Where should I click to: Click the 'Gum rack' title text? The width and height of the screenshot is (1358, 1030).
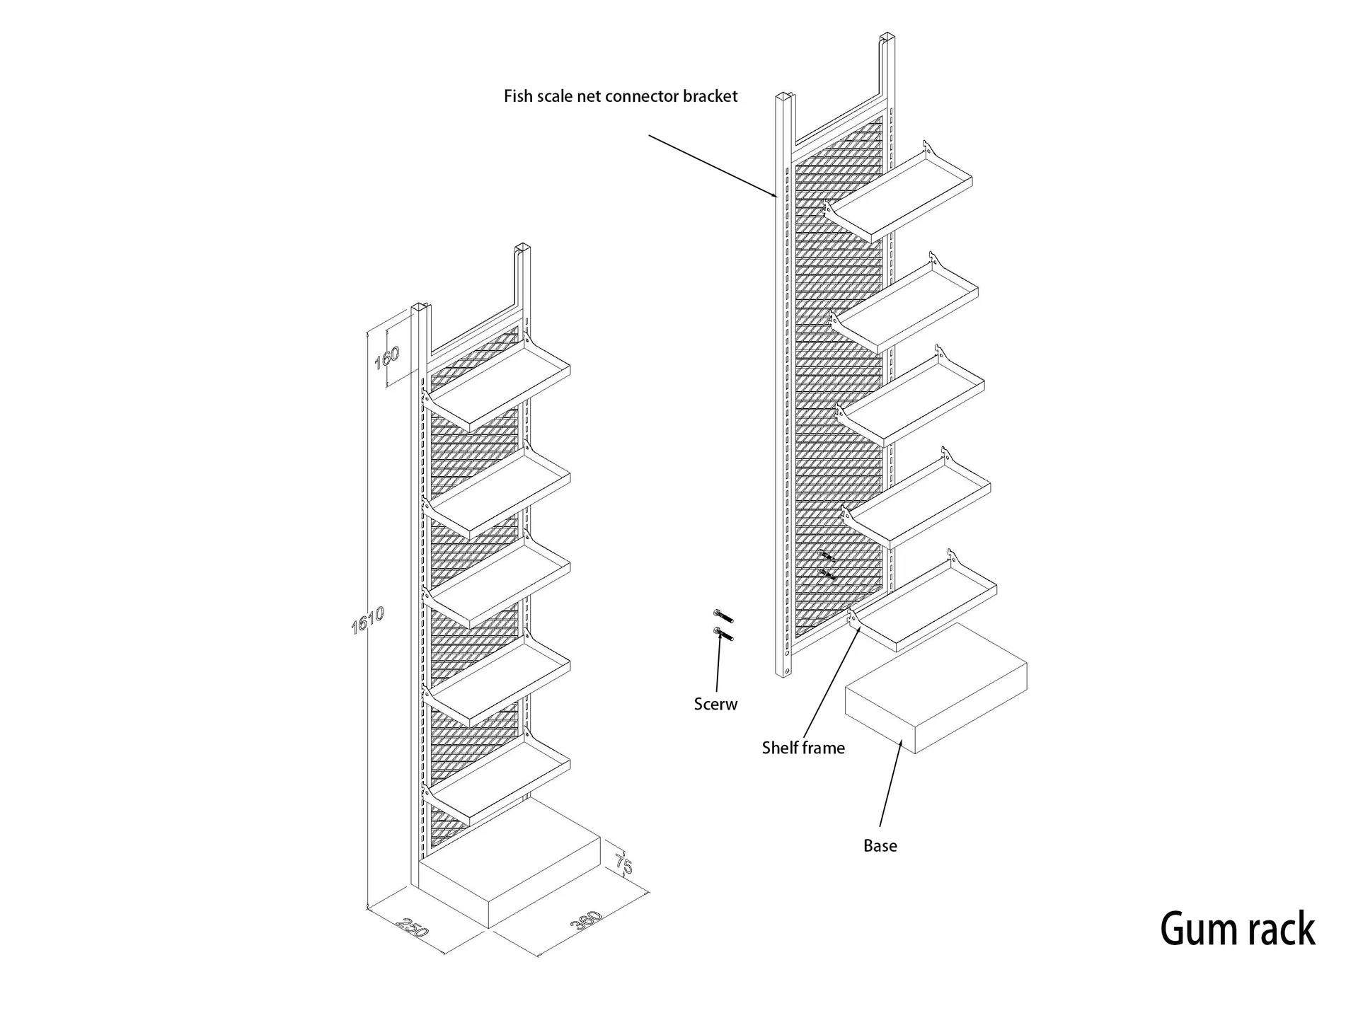click(x=1237, y=929)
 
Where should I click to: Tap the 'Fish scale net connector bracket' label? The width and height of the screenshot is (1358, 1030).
click(x=620, y=96)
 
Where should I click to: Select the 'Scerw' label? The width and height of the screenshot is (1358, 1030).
click(x=715, y=704)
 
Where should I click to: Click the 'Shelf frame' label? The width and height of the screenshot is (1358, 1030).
click(x=803, y=748)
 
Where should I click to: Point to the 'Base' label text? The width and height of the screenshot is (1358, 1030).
click(x=880, y=845)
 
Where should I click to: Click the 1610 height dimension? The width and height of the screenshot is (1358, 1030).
click(x=367, y=620)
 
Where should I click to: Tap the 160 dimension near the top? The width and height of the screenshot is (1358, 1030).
click(x=387, y=357)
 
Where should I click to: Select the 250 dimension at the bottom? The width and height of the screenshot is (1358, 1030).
click(x=413, y=927)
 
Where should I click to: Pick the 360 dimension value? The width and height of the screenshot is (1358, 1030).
click(x=587, y=920)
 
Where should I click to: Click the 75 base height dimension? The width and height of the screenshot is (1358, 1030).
click(x=623, y=864)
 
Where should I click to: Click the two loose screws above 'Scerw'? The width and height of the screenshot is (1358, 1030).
click(x=723, y=625)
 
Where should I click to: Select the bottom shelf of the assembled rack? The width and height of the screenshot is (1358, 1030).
click(x=500, y=782)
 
